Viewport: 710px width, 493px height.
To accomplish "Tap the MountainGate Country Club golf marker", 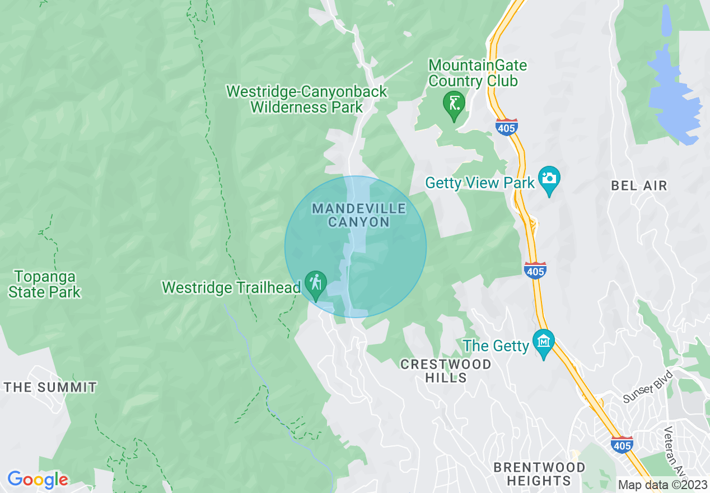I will coord(454,104).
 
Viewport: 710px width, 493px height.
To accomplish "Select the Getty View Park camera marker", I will coord(549,179).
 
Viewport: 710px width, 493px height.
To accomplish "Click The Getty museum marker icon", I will coord(543,341).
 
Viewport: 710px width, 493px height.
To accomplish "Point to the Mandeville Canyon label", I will coord(358,215).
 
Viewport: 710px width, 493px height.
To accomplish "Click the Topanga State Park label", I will coord(45,284).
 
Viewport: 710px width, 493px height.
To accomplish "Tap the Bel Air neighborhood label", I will coord(639,186).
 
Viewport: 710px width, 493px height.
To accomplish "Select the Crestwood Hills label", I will coord(446,371).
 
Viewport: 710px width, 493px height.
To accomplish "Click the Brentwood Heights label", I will coord(539,474).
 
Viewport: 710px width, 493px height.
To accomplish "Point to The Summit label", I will coord(50,387).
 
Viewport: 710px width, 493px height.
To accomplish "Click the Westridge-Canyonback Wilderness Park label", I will coord(306,99).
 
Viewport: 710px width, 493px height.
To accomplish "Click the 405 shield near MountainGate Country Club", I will coord(506,127).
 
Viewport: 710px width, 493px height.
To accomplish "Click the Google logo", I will coord(37,480).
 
